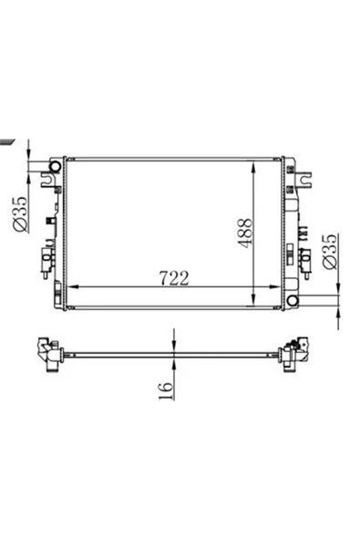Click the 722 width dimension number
(174, 278)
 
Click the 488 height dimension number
(245, 233)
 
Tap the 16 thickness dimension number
(165, 390)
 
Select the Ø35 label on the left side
(19, 213)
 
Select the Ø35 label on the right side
(329, 252)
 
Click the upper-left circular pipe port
(55, 167)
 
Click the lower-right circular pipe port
(293, 300)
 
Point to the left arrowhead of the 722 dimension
(74, 286)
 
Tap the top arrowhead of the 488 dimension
(253, 168)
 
